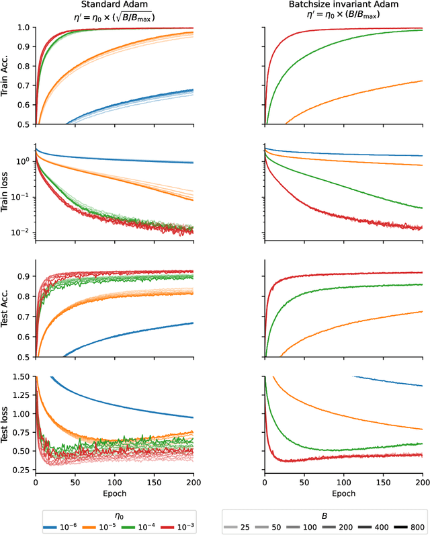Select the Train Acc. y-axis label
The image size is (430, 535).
pyautogui.click(x=7, y=76)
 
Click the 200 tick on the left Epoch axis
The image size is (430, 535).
pyautogui.click(x=193, y=482)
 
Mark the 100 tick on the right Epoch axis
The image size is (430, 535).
pyautogui.click(x=344, y=482)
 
